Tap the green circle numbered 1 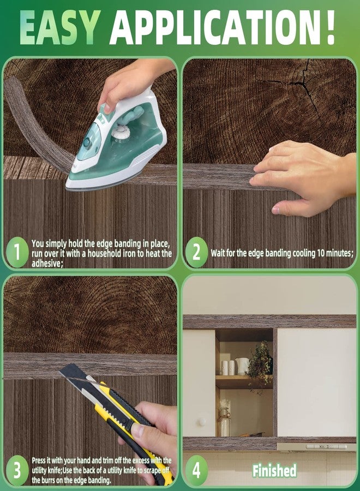pyautogui.click(x=17, y=252)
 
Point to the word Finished pyautogui.click(x=274, y=471)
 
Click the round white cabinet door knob pyautogui.click(x=202, y=422)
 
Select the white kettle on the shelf pyautogui.click(x=242, y=366)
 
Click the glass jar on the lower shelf pyautogui.click(x=224, y=422)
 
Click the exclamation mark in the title pyautogui.click(x=329, y=27)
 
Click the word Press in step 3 pyautogui.click(x=39, y=460)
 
